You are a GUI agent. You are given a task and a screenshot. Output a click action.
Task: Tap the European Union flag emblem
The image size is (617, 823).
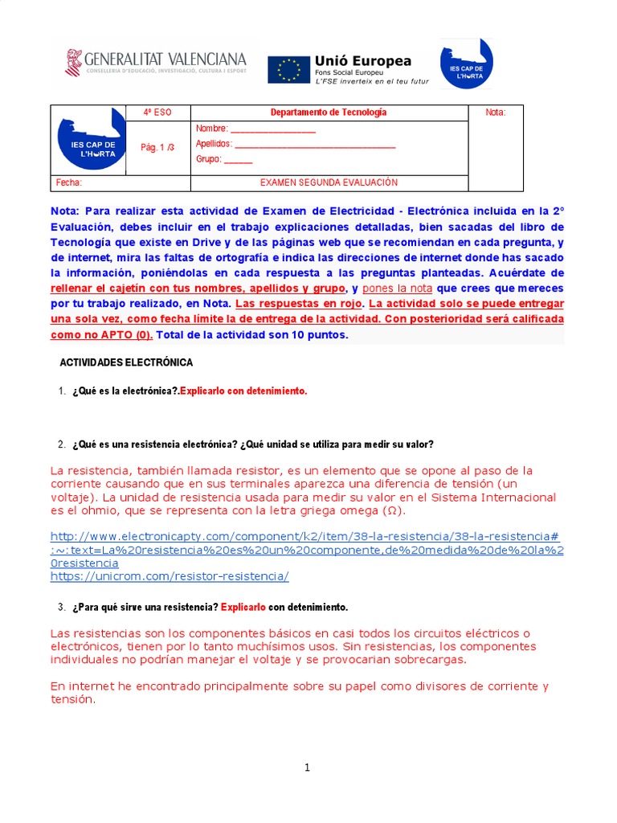pos(288,69)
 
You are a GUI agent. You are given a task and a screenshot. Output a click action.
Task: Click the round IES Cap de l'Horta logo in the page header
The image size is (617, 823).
pos(467,63)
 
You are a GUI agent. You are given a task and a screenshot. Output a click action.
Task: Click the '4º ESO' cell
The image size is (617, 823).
pos(157,113)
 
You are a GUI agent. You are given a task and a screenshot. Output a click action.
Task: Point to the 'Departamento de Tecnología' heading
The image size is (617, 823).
pos(328,113)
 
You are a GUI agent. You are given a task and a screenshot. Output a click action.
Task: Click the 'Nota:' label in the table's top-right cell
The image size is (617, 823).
pos(496,113)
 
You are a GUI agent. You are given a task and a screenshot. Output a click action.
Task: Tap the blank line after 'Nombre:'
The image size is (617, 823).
pos(273,129)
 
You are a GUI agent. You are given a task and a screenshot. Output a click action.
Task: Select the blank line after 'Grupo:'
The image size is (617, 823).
pos(238,159)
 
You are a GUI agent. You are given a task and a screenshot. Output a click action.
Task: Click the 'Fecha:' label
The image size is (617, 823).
pos(69,183)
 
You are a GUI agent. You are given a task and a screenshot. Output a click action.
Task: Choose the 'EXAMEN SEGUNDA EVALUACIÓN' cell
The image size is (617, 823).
pos(329,183)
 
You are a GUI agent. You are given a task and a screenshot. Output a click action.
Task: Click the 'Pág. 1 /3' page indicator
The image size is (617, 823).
pos(157,148)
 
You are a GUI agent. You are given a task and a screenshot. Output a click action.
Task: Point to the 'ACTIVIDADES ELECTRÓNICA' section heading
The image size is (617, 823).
pos(126,363)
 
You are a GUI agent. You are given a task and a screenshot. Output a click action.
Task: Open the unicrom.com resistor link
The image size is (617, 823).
pos(169,576)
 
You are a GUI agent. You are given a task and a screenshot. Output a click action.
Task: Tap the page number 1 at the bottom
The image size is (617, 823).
pos(307,768)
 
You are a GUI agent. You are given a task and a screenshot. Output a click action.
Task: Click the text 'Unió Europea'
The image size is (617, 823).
pos(363,61)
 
